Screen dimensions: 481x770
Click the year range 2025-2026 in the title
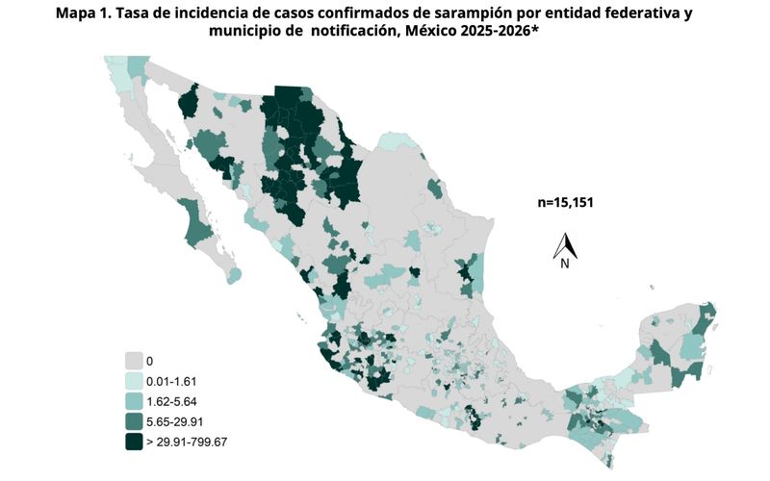[x=521, y=33]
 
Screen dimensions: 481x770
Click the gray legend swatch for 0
[x=134, y=361]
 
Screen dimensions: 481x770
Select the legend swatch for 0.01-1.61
[x=134, y=381]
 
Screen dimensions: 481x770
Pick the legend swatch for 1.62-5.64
[x=134, y=400]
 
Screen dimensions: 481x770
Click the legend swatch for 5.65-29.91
[x=134, y=420]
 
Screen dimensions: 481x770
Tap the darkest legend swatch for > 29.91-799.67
[x=134, y=441]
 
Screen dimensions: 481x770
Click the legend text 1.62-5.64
[x=173, y=400]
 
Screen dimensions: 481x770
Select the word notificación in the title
[x=363, y=33]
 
